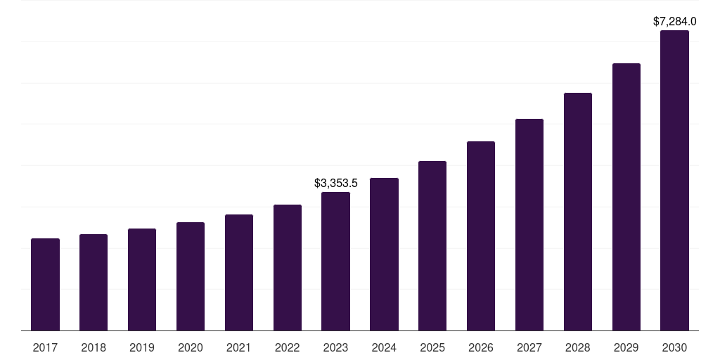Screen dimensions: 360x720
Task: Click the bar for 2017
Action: [x=45, y=285]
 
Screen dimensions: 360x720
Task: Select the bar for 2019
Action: [x=142, y=280]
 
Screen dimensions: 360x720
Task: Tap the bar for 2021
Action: [x=239, y=273]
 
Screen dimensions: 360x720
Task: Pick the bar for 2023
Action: [x=335, y=262]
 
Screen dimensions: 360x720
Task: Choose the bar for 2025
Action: [x=432, y=246]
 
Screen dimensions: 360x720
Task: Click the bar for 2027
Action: [x=529, y=225]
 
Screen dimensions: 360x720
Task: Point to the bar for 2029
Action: [x=626, y=197]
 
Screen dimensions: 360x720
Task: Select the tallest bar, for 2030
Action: [x=674, y=181]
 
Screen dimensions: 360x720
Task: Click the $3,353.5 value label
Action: [x=335, y=183]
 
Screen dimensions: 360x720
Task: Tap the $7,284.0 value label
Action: [x=674, y=22]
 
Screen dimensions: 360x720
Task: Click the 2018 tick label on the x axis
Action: [x=94, y=347]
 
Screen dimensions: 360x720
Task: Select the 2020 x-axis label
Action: [x=191, y=347]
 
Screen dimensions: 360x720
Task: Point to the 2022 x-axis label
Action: [x=287, y=347]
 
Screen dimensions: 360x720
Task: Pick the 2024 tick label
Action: [x=384, y=347]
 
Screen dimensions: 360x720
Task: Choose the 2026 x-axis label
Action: [x=481, y=347]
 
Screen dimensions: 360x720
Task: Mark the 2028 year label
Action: [x=578, y=347]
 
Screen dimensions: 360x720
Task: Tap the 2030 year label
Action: [x=674, y=347]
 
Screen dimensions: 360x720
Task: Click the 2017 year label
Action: [x=45, y=347]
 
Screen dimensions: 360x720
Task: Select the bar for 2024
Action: [x=384, y=255]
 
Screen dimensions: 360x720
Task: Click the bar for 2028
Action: [x=578, y=212]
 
